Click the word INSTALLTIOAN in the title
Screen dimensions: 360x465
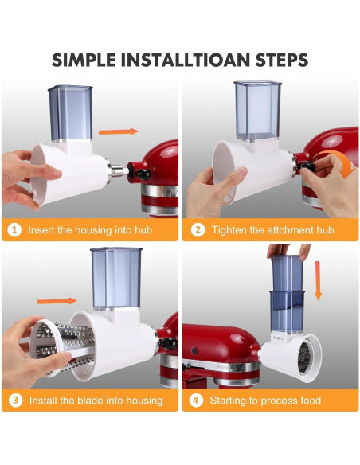tap(185, 60)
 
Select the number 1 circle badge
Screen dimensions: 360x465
tap(14, 230)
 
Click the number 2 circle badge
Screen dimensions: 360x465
tap(198, 230)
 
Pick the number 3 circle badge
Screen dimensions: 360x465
tap(15, 401)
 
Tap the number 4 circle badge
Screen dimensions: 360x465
tap(196, 401)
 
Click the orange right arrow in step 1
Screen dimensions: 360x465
tap(119, 131)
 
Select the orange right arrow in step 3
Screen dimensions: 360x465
tap(57, 301)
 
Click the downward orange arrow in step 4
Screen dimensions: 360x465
tap(318, 281)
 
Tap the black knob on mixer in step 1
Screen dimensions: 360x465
tap(144, 174)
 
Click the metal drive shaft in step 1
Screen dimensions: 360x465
tap(119, 171)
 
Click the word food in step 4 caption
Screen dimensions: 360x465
tap(311, 401)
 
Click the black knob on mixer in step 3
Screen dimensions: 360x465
tap(168, 343)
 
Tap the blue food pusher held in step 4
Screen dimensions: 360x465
tap(287, 275)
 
